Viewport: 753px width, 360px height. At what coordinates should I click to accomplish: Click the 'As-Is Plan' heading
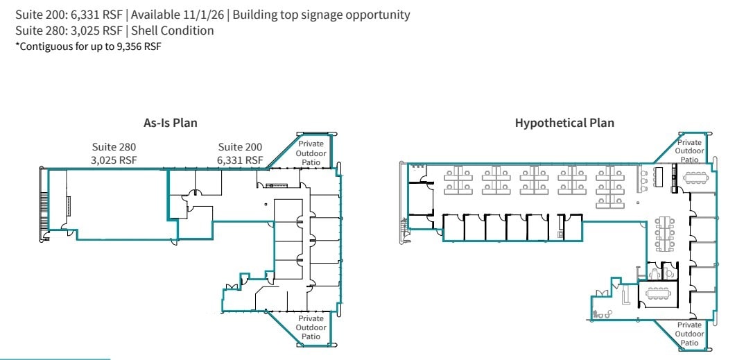tap(170, 123)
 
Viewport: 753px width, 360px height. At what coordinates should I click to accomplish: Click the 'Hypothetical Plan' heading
tap(564, 123)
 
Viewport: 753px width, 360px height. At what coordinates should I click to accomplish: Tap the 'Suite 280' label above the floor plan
tap(114, 147)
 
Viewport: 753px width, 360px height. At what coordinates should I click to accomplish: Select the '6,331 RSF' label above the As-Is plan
tap(240, 160)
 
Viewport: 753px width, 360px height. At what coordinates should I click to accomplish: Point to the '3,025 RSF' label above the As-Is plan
tap(114, 160)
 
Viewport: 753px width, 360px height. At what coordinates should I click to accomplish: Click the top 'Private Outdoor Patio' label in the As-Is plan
tap(311, 153)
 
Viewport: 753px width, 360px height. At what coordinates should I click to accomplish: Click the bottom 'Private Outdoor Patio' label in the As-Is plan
tap(311, 327)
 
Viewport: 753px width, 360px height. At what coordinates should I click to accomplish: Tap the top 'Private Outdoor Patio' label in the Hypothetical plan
tap(689, 151)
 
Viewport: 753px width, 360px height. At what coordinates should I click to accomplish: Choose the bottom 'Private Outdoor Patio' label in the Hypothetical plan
tap(689, 334)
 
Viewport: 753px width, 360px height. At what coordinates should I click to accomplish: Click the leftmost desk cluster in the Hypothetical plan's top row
tap(459, 179)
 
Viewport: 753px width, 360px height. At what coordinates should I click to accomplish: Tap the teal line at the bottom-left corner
tap(55, 359)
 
